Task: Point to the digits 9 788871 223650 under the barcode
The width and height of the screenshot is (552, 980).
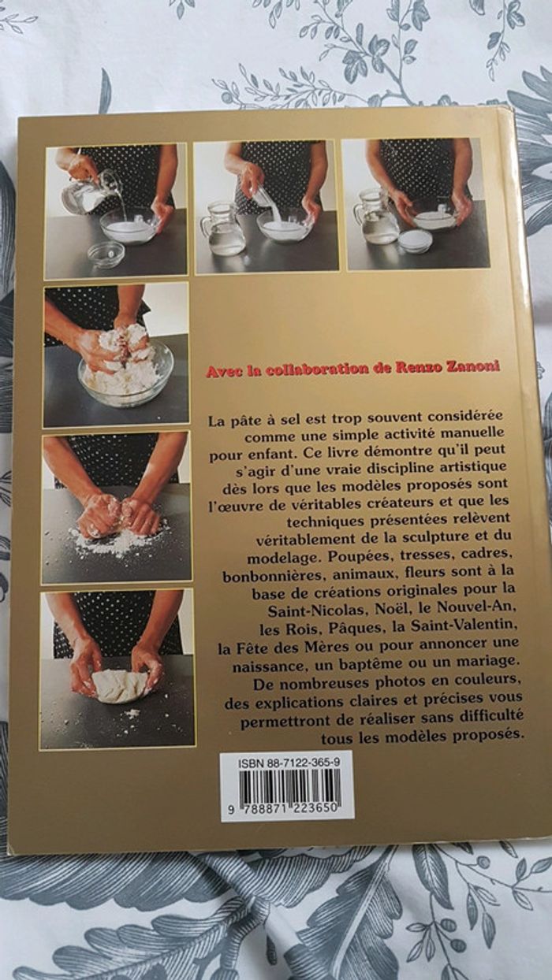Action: coord(287,811)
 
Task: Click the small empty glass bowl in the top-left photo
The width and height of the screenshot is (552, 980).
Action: coord(106,254)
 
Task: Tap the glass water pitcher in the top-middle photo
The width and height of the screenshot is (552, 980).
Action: coord(223,232)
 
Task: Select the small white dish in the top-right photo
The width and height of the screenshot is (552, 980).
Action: coord(416,241)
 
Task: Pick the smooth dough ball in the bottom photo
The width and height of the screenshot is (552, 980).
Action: coord(119,685)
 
